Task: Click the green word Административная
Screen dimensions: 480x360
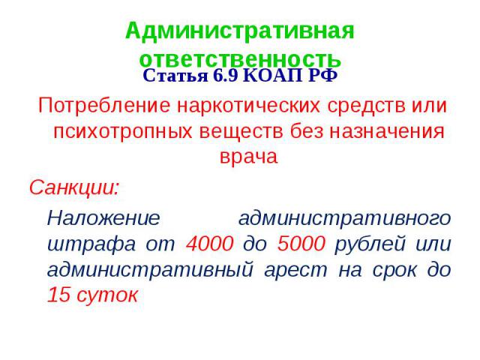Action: [x=240, y=31]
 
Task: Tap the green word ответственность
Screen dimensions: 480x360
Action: [x=240, y=59]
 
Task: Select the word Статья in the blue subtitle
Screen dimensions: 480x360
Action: [x=175, y=76]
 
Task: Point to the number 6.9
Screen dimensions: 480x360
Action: [x=225, y=75]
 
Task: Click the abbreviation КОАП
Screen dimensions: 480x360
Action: [x=272, y=75]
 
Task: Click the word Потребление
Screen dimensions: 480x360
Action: [x=104, y=105]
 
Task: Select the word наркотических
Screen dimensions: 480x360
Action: [x=248, y=105]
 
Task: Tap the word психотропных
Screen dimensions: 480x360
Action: [x=123, y=132]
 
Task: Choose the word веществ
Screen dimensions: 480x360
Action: [x=241, y=131]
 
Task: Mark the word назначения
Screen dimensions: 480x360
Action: [x=387, y=131]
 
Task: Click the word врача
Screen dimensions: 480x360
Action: [x=248, y=157]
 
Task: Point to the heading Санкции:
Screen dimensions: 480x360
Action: [x=73, y=187]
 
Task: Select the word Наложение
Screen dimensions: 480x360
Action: [x=103, y=218]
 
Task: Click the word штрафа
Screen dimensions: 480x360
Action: [x=91, y=244]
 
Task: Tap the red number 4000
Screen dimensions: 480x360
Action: [x=210, y=244]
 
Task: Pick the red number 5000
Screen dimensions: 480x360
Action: [x=301, y=244]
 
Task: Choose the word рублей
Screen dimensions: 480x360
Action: [x=370, y=244]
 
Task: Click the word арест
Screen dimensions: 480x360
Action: [x=295, y=270]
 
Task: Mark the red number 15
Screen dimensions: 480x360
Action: [x=58, y=295]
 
